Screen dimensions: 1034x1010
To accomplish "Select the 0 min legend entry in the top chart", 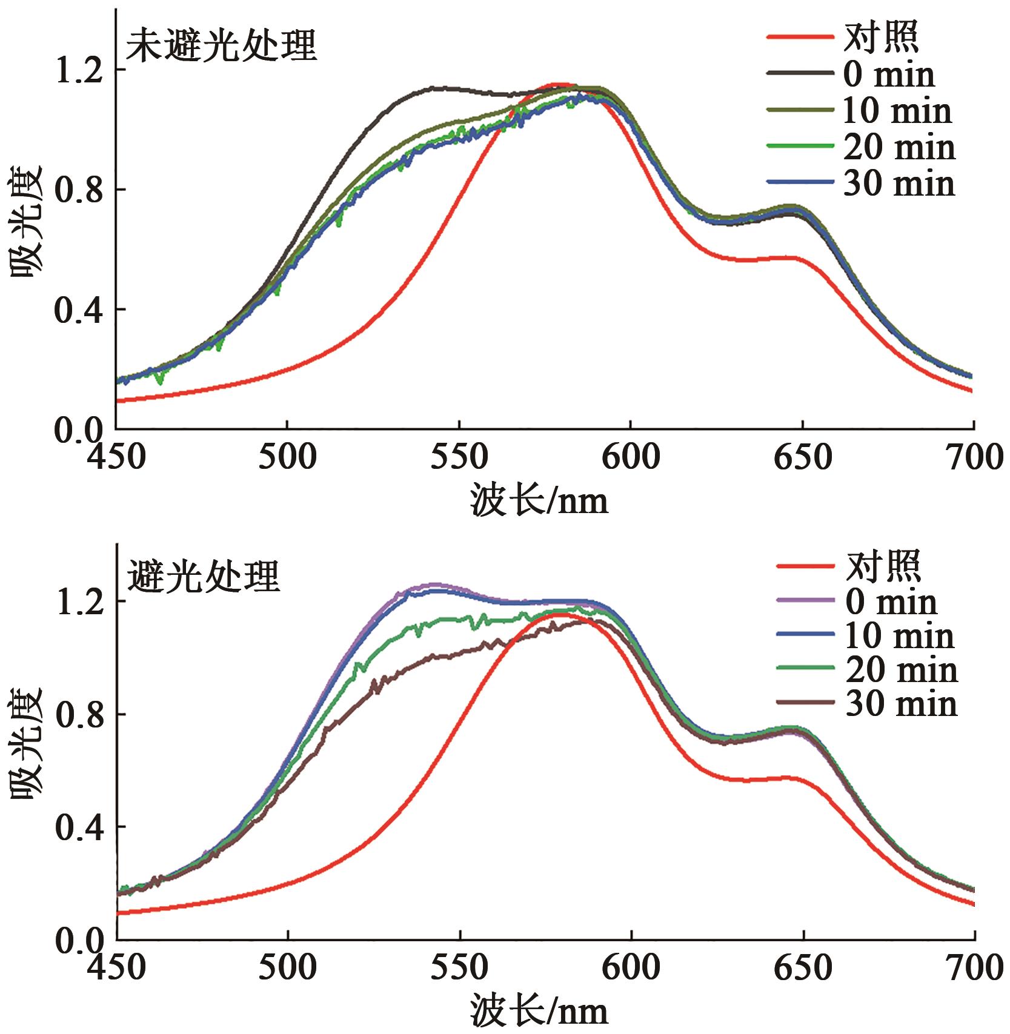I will click(888, 75).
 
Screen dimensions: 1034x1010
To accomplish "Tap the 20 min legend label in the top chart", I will click(899, 147).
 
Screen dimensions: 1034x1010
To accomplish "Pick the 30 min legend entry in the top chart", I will click(899, 184).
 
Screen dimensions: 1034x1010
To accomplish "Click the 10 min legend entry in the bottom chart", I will click(900, 636).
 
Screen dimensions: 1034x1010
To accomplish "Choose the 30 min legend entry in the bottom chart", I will click(901, 704).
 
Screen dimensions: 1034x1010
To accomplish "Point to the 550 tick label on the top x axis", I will click(459, 458).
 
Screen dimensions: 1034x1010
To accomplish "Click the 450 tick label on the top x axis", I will click(116, 458).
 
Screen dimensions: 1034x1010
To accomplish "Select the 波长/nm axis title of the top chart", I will click(539, 502).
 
